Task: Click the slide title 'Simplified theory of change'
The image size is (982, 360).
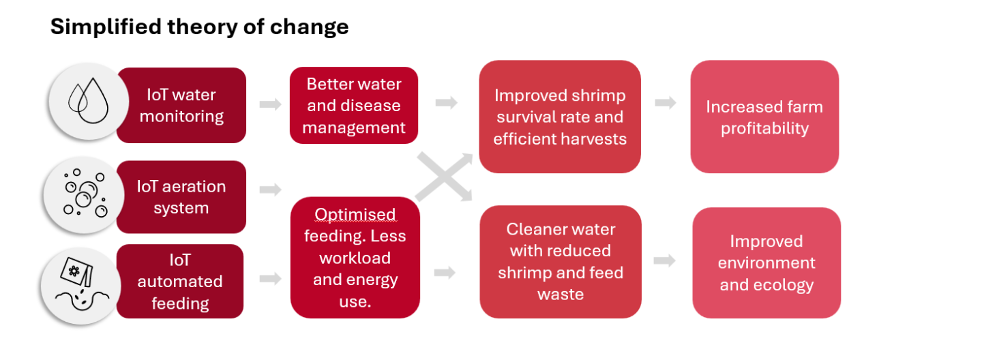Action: point(199,27)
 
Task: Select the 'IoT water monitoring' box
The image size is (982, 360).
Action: point(181,105)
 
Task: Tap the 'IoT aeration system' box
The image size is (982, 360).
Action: point(181,197)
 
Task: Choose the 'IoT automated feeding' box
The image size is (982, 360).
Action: point(180,281)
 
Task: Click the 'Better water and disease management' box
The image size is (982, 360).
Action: point(354,105)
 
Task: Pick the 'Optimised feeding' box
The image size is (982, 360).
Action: point(355,258)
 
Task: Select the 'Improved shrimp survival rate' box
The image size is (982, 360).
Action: point(560,117)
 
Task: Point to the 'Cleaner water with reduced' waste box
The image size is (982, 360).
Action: point(561,262)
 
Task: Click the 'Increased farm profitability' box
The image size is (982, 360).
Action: point(764,117)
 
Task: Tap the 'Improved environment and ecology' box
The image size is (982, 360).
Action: point(767,262)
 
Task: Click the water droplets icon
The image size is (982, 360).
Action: point(88,102)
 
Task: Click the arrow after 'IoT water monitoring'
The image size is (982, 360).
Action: point(271,104)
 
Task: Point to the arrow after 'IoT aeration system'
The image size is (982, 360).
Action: point(271,190)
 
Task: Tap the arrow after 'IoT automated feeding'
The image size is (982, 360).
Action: point(271,278)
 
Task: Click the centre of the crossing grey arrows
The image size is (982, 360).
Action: point(444,177)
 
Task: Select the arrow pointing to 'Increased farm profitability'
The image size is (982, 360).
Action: point(666,102)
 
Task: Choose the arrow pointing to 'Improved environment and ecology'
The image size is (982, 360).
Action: point(665,260)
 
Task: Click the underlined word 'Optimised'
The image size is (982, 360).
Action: point(355,214)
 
